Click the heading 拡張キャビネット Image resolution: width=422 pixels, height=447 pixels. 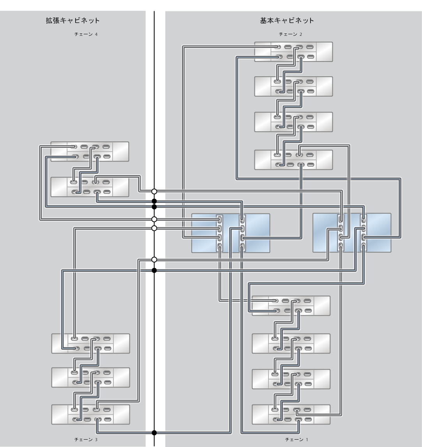(x=73, y=21)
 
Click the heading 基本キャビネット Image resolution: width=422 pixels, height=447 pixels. (x=287, y=21)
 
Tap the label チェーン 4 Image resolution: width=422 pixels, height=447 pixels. (x=86, y=34)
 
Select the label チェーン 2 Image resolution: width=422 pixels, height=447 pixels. (x=290, y=34)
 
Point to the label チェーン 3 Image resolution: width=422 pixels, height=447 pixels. (x=86, y=440)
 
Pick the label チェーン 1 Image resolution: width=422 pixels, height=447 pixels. (x=297, y=440)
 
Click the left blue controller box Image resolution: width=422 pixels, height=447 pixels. (x=231, y=233)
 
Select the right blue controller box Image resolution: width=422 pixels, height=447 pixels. (x=352, y=232)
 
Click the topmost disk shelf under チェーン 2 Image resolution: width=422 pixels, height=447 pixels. (x=293, y=52)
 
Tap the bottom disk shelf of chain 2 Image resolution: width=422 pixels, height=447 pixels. (x=293, y=160)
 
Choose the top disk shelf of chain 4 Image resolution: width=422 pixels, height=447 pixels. (x=90, y=152)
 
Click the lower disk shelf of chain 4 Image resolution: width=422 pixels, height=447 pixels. (x=90, y=187)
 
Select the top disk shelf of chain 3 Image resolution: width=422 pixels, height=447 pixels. (x=91, y=343)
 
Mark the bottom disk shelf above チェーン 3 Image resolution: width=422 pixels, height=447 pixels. (x=91, y=415)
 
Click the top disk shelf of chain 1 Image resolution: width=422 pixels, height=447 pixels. (x=291, y=306)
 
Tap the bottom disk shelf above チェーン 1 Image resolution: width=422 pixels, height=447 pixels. (x=291, y=415)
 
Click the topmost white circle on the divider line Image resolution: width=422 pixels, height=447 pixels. (x=154, y=191)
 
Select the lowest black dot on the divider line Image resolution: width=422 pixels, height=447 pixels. (x=154, y=433)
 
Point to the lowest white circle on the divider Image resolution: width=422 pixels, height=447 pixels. (x=154, y=259)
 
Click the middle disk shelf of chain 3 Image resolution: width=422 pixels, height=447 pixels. (x=91, y=377)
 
